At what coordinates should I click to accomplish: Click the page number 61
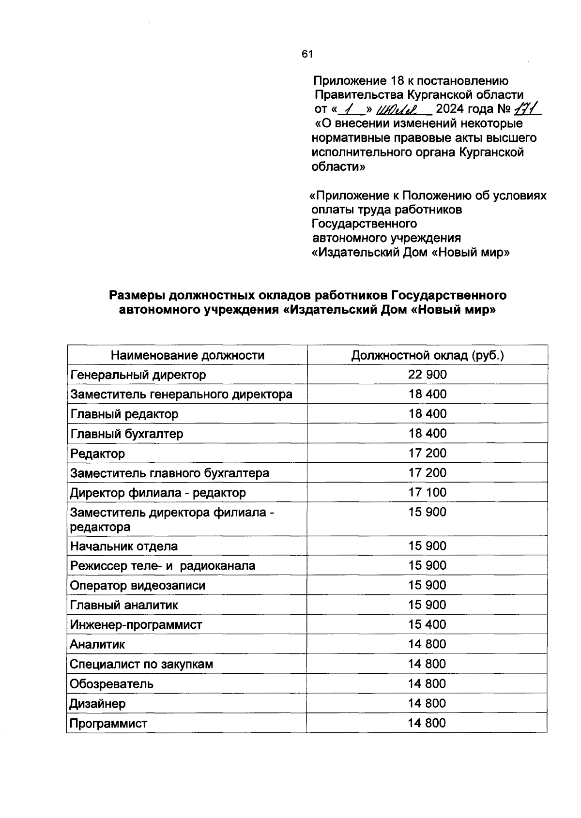[x=307, y=54]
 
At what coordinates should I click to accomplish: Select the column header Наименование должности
[x=187, y=356]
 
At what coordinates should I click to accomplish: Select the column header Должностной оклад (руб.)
[x=428, y=356]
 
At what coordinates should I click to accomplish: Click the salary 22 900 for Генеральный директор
[x=427, y=375]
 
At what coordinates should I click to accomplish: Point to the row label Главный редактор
[x=124, y=414]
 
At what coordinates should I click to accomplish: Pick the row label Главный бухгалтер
[x=127, y=434]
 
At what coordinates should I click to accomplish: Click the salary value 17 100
[x=427, y=493]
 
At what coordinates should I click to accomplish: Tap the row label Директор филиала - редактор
[x=158, y=493]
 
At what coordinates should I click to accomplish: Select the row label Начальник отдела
[x=124, y=546]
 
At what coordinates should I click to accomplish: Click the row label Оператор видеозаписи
[x=138, y=586]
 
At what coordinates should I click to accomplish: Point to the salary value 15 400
[x=427, y=625]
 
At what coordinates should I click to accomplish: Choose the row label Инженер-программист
[x=136, y=625]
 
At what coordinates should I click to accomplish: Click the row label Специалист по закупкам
[x=141, y=664]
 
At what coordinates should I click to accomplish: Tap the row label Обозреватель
[x=112, y=684]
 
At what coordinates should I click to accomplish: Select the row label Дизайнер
[x=97, y=704]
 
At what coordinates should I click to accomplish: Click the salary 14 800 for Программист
[x=427, y=723]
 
